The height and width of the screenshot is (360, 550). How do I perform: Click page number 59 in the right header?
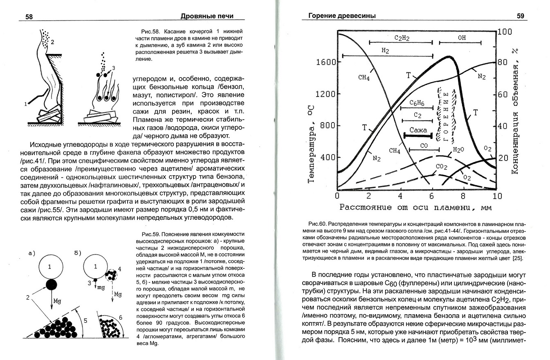point(520,16)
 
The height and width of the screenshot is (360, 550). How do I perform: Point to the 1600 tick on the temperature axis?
point(326,62)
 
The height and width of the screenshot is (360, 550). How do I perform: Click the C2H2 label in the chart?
point(402,38)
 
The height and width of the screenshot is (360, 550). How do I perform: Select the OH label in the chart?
point(462,38)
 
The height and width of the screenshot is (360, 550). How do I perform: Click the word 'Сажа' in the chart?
point(418,130)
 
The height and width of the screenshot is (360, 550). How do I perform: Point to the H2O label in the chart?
point(458,150)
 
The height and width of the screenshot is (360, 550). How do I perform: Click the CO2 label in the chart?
point(441,167)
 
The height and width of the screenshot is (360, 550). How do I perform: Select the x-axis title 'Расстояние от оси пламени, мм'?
point(415,207)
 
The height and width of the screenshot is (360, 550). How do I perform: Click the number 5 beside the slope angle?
point(85,320)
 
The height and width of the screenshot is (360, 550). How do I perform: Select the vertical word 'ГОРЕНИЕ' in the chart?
point(446,114)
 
